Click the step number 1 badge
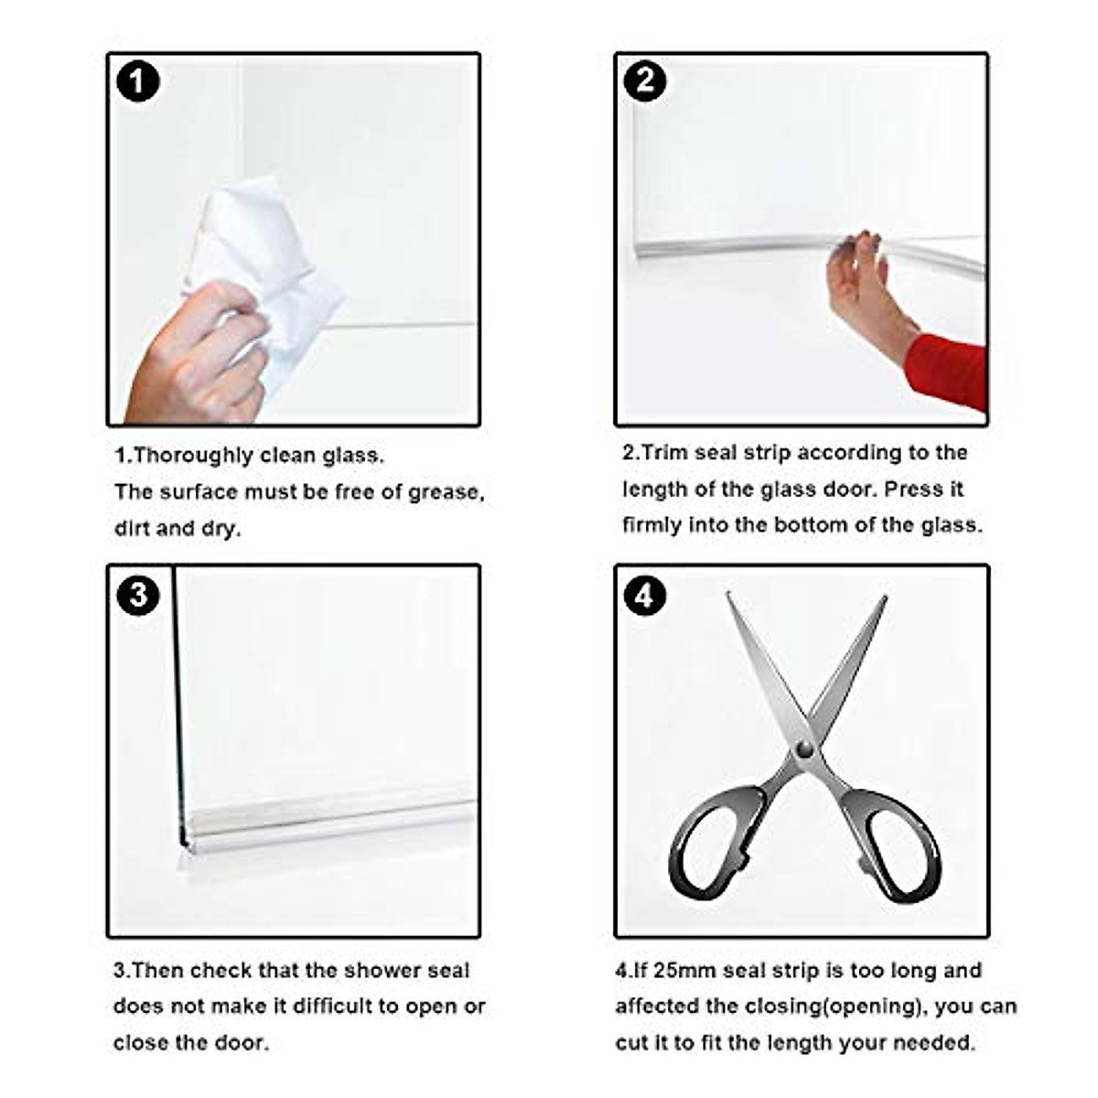click(x=138, y=82)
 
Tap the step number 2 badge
click(x=645, y=81)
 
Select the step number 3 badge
click(x=138, y=596)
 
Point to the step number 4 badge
click(x=645, y=596)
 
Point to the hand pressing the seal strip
click(x=865, y=284)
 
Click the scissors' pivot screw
click(x=804, y=749)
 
